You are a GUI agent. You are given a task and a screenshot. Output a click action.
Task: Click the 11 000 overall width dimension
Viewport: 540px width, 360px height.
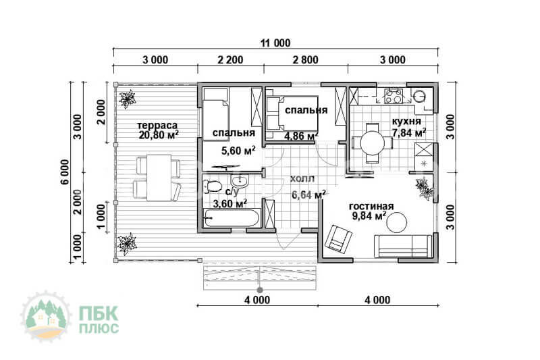point(275,43)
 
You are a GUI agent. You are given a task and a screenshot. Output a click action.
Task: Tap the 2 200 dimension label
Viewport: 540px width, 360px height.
point(230,60)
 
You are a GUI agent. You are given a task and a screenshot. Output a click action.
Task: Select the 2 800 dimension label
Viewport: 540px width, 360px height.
point(306,60)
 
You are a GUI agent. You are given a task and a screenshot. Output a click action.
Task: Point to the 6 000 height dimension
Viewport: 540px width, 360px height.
point(65,172)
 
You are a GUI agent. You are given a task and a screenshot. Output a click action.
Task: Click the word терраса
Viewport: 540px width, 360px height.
point(157,125)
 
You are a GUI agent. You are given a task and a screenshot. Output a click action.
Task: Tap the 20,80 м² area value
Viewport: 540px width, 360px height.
point(159,134)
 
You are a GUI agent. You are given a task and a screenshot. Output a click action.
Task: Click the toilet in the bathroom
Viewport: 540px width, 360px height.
point(213,186)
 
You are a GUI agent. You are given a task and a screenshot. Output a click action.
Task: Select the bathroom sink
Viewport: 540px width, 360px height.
point(240,182)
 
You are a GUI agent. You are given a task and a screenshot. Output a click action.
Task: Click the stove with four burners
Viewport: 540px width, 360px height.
point(394,96)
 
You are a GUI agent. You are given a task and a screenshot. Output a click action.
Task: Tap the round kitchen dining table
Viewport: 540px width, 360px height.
point(372,143)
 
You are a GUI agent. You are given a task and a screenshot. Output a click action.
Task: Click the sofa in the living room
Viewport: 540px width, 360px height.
point(403,246)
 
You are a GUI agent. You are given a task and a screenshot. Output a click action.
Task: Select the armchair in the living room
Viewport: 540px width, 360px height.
point(339,237)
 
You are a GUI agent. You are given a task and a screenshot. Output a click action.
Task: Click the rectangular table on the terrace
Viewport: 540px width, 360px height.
point(159,178)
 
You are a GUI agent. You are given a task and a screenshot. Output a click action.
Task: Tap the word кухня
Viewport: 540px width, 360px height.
point(406,122)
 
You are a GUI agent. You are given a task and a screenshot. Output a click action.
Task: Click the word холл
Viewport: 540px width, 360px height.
point(302,179)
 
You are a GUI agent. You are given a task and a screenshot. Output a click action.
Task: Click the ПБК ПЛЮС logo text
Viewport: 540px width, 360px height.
point(99,319)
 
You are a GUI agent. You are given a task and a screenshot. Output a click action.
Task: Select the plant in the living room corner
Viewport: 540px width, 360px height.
point(425,187)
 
